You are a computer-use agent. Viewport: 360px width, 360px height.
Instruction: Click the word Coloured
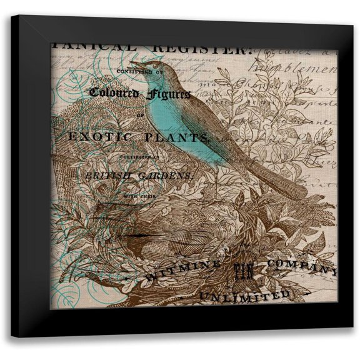(112, 92)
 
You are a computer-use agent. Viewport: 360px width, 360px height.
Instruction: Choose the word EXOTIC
(93, 136)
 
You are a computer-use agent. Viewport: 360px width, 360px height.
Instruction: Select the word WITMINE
(181, 270)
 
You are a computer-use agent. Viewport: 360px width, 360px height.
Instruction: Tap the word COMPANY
(300, 266)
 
